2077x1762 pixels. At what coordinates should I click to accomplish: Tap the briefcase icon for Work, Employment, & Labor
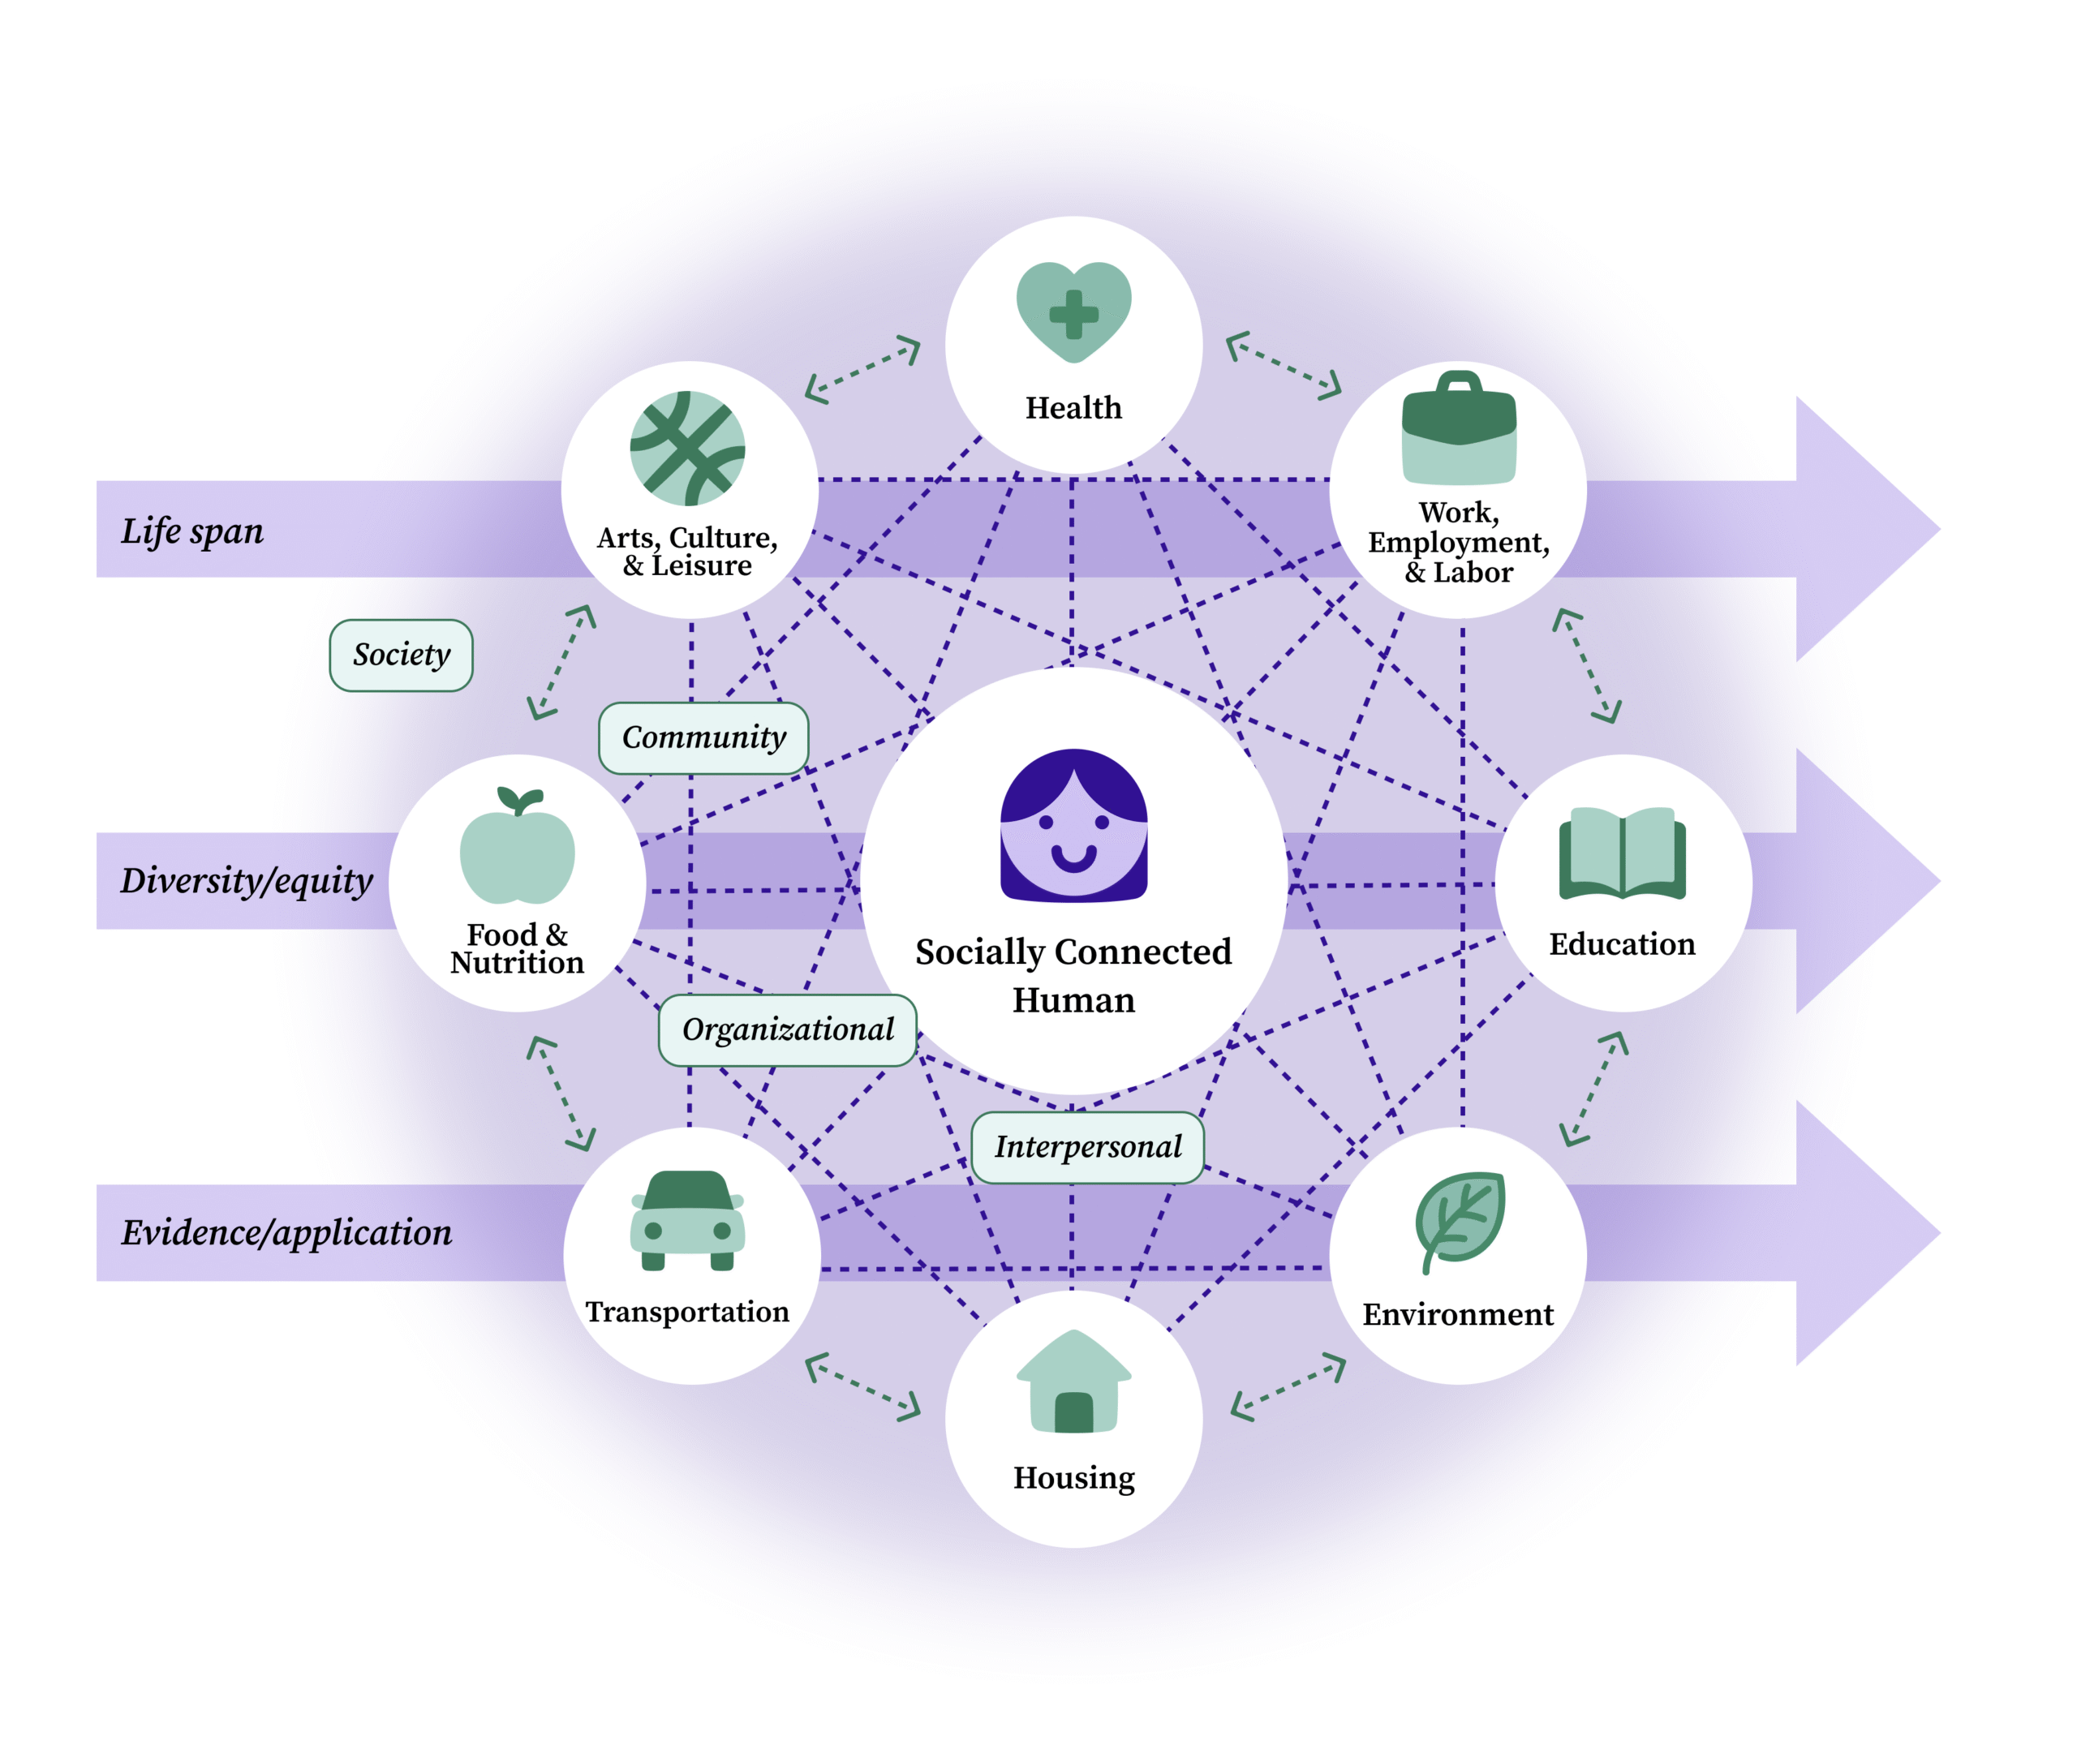(1458, 429)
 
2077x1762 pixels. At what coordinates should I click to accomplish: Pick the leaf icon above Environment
(1459, 1219)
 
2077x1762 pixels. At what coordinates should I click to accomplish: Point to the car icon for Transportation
(687, 1219)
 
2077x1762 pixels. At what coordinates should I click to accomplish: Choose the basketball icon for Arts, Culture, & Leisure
(687, 449)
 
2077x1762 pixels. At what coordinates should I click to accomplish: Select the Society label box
(401, 655)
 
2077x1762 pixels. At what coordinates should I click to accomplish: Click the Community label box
(703, 738)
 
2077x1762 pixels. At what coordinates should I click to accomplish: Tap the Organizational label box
(787, 1029)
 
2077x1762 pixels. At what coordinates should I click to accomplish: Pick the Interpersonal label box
(1087, 1147)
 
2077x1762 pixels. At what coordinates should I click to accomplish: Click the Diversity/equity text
(247, 880)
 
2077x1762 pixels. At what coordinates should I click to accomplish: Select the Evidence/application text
(286, 1232)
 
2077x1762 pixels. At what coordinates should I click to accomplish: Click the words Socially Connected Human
(1073, 975)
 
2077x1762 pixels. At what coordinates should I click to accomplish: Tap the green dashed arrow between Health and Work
(1284, 366)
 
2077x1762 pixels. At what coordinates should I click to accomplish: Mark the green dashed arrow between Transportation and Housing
(862, 1386)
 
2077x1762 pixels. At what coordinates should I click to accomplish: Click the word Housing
(1073, 1477)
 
